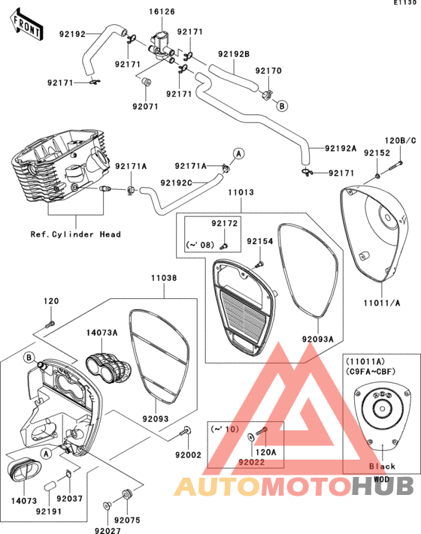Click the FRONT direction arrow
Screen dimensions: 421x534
26,25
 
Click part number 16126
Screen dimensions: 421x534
162,11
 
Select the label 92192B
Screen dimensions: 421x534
234,54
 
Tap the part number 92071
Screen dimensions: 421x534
146,107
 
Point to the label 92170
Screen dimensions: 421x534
268,71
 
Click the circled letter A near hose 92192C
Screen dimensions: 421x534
238,154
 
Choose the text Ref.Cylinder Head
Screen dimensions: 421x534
75,234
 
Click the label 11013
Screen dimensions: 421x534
241,192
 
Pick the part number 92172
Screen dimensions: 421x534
224,223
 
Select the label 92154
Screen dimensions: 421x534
260,241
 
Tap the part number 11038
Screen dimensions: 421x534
164,278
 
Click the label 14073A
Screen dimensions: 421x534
101,333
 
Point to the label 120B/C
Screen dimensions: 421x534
401,140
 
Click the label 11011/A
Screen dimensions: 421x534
381,303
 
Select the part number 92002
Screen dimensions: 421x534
188,455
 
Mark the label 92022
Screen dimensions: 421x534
252,462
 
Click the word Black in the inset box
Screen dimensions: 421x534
382,466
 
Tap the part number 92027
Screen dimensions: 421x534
108,530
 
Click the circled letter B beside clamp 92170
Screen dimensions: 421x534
282,106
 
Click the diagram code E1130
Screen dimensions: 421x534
405,2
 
